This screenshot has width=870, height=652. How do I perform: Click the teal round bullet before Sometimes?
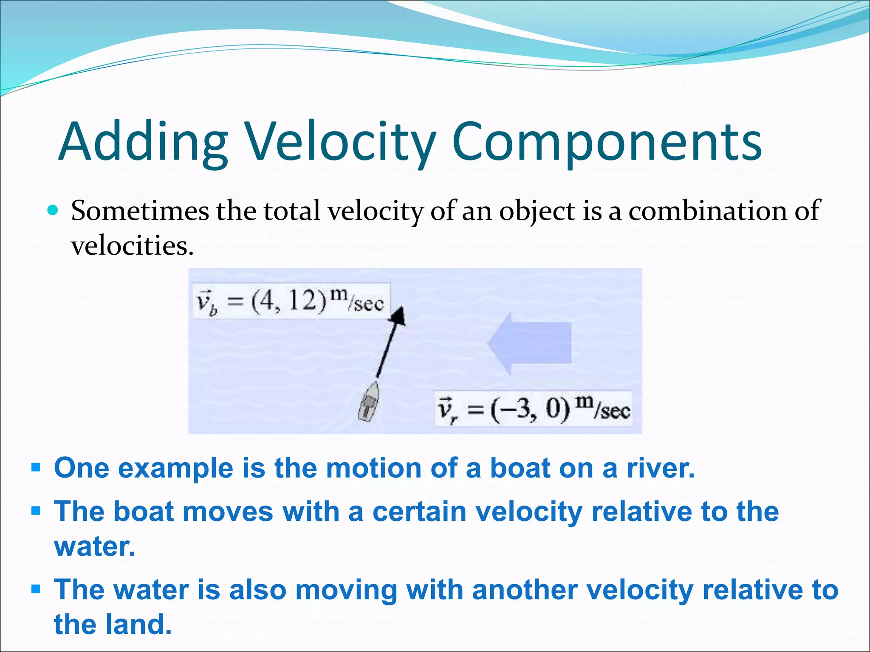pyautogui.click(x=52, y=210)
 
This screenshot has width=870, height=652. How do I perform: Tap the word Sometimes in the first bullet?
pyautogui.click(x=140, y=211)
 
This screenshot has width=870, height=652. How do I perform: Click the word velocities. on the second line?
pyautogui.click(x=132, y=246)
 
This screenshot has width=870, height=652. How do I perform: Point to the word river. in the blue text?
pyautogui.click(x=661, y=468)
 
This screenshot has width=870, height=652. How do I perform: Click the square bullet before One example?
pyautogui.click(x=36, y=468)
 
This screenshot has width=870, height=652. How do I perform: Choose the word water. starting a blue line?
pyautogui.click(x=94, y=546)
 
